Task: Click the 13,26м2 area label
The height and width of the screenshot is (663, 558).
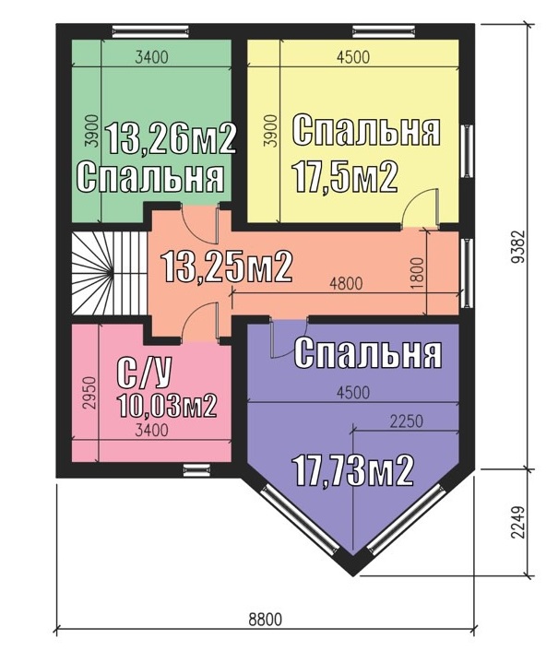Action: click(170, 139)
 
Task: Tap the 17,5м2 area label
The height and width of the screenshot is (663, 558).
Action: click(345, 177)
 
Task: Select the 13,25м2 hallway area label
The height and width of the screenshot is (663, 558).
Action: click(227, 266)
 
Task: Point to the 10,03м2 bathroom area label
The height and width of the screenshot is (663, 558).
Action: click(168, 405)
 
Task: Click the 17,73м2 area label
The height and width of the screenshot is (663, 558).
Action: click(353, 470)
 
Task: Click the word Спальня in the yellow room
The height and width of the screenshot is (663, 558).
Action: click(366, 130)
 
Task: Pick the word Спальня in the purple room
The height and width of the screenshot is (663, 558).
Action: click(368, 353)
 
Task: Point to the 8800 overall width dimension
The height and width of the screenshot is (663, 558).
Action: click(265, 620)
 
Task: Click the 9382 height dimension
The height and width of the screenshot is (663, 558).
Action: click(517, 246)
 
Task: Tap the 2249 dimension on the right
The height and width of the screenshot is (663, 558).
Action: click(517, 522)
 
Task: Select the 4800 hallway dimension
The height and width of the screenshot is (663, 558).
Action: click(346, 283)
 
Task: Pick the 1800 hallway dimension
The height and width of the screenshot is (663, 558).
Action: click(417, 273)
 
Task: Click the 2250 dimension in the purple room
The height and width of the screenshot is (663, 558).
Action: click(406, 421)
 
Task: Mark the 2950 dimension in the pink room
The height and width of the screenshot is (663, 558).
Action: click(90, 393)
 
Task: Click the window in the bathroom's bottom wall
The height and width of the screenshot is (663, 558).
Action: click(196, 469)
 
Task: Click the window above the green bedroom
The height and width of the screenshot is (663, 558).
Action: click(150, 30)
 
